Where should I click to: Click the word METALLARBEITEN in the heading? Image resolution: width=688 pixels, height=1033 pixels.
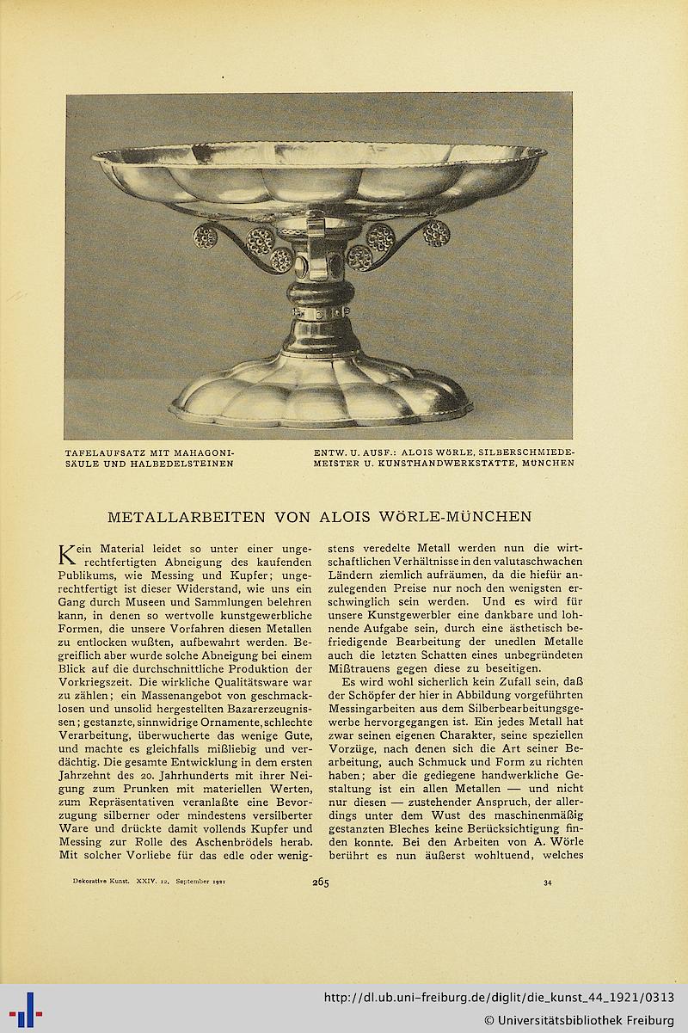coord(187,517)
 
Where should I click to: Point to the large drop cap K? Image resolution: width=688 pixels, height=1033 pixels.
coord(66,555)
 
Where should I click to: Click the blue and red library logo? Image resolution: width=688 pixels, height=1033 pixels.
coord(26,1009)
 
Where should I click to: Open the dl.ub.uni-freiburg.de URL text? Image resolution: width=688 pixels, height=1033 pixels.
coord(499,998)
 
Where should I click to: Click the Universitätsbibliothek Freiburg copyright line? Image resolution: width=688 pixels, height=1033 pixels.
coord(579,1020)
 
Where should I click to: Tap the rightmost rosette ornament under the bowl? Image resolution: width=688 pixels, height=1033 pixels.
coord(436,233)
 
